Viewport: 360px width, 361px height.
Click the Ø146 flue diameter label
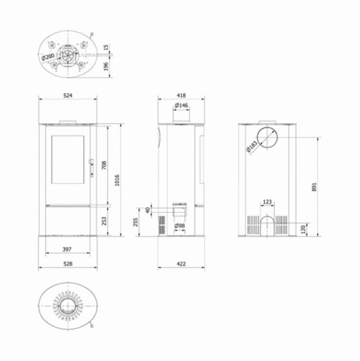click(x=181, y=106)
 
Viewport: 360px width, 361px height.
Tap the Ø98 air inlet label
click(x=179, y=226)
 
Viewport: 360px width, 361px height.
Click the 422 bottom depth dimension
click(x=181, y=263)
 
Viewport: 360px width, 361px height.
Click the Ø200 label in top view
click(x=48, y=57)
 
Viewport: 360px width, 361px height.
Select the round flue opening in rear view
click(x=267, y=138)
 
